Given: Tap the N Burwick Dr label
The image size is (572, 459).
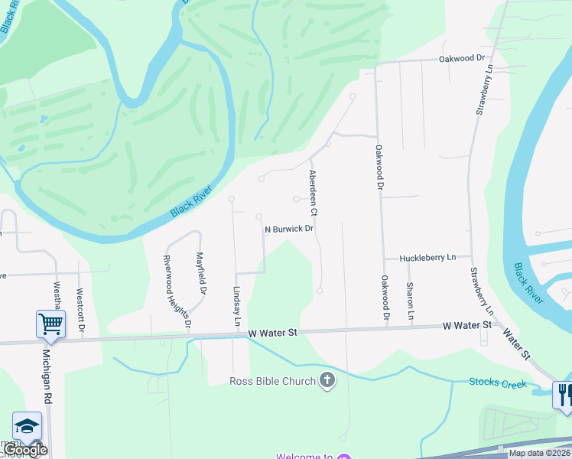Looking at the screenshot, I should click(x=290, y=229).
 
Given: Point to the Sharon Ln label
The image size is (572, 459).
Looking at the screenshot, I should click(x=410, y=301).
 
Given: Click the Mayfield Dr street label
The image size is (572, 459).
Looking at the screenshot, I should click(x=201, y=274).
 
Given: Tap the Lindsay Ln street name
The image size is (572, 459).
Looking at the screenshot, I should click(x=237, y=309).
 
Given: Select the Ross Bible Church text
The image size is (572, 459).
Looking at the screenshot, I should click(x=273, y=381).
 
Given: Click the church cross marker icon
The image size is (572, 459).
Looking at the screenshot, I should click(x=327, y=381).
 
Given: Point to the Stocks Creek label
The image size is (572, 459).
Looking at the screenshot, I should click(x=498, y=382).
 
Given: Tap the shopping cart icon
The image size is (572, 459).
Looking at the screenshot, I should click(x=50, y=324).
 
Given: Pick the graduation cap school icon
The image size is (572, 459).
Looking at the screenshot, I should click(x=27, y=426).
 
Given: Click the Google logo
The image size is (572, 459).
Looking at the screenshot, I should click(x=27, y=450).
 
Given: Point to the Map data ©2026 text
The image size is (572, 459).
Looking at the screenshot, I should click(x=538, y=453).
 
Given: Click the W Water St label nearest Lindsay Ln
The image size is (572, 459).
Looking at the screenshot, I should click(x=272, y=333).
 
